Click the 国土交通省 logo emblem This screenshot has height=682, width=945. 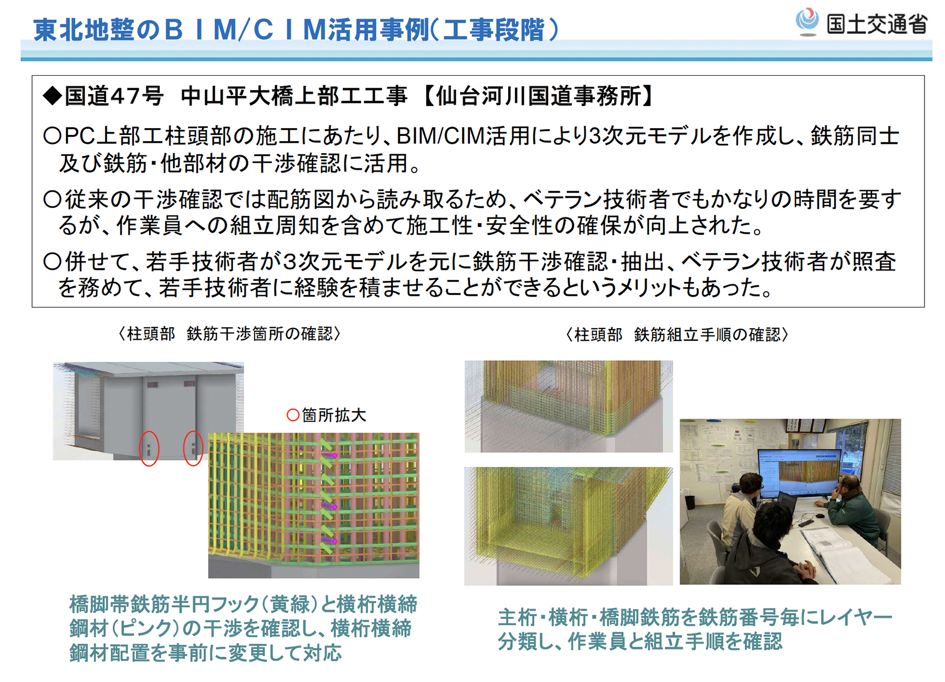click(807, 21)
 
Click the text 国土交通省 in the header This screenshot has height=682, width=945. click(877, 24)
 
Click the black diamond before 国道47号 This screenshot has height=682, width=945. click(53, 96)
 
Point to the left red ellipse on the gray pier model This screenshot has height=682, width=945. click(149, 448)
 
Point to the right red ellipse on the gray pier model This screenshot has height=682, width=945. click(193, 448)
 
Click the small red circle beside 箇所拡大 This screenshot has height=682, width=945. click(293, 415)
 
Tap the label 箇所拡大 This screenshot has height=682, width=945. click(334, 415)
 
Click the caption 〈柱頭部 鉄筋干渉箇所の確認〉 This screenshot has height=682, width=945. click(229, 334)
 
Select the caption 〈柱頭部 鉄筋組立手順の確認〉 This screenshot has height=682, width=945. click(677, 334)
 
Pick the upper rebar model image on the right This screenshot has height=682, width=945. click(569, 406)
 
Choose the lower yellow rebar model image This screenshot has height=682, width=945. click(569, 526)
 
